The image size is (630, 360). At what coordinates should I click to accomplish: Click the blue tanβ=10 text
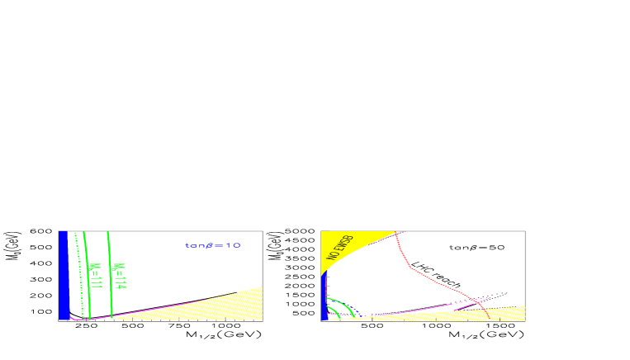click(213, 245)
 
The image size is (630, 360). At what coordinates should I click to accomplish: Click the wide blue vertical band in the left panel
click(63, 274)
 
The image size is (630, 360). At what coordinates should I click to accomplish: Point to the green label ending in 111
click(95, 276)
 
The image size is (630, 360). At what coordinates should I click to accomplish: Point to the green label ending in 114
click(120, 276)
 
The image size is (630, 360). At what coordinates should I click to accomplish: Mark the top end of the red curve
click(397, 233)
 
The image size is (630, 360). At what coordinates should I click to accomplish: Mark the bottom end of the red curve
click(489, 318)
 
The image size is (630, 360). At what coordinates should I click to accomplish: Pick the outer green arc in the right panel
click(348, 306)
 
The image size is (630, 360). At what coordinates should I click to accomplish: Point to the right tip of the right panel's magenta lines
click(490, 297)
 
